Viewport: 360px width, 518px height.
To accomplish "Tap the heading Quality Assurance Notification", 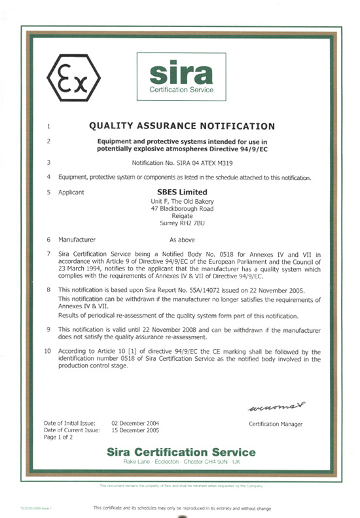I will [x=181, y=126].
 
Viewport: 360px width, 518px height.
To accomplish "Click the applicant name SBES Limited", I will [x=178, y=192].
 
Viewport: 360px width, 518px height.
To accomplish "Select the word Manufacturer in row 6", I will [x=77, y=240].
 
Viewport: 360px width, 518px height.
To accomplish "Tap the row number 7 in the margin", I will [x=49, y=253].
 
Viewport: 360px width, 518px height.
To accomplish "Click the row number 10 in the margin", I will [x=48, y=352].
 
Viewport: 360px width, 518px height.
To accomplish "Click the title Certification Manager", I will [x=276, y=424].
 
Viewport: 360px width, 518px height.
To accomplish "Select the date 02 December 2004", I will [x=135, y=423].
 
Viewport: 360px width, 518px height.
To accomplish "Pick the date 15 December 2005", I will [x=135, y=430].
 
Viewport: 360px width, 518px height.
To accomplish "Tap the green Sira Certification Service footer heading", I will [x=181, y=453].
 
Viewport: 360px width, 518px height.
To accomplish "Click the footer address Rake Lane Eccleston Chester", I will [x=181, y=462].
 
